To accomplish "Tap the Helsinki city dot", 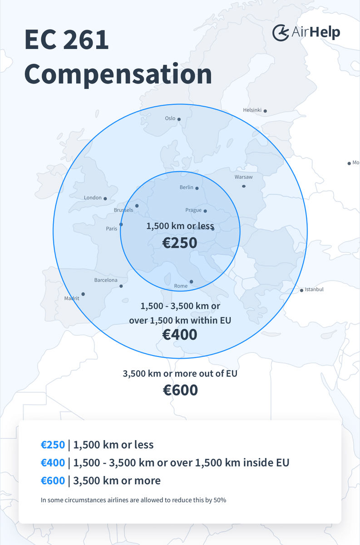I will point(265,111).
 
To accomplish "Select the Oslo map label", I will point(170,119).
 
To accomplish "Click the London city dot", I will point(105,198).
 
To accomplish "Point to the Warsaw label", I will point(243,177).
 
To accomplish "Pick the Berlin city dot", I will point(197,188).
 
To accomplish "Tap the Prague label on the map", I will point(193,210).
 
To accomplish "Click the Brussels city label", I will point(123,210).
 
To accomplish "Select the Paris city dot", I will point(121,224).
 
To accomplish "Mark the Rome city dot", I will point(191,282).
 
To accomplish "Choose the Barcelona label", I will point(106,280).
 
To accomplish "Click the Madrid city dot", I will point(83,294).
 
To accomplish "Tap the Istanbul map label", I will point(314,289).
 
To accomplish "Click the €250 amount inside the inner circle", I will point(180,243).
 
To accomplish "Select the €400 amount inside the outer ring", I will point(180,335).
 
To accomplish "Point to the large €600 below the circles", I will point(180,390).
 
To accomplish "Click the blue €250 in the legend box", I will point(53,445).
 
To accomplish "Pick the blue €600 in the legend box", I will point(53,481).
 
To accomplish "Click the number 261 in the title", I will point(86,40).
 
